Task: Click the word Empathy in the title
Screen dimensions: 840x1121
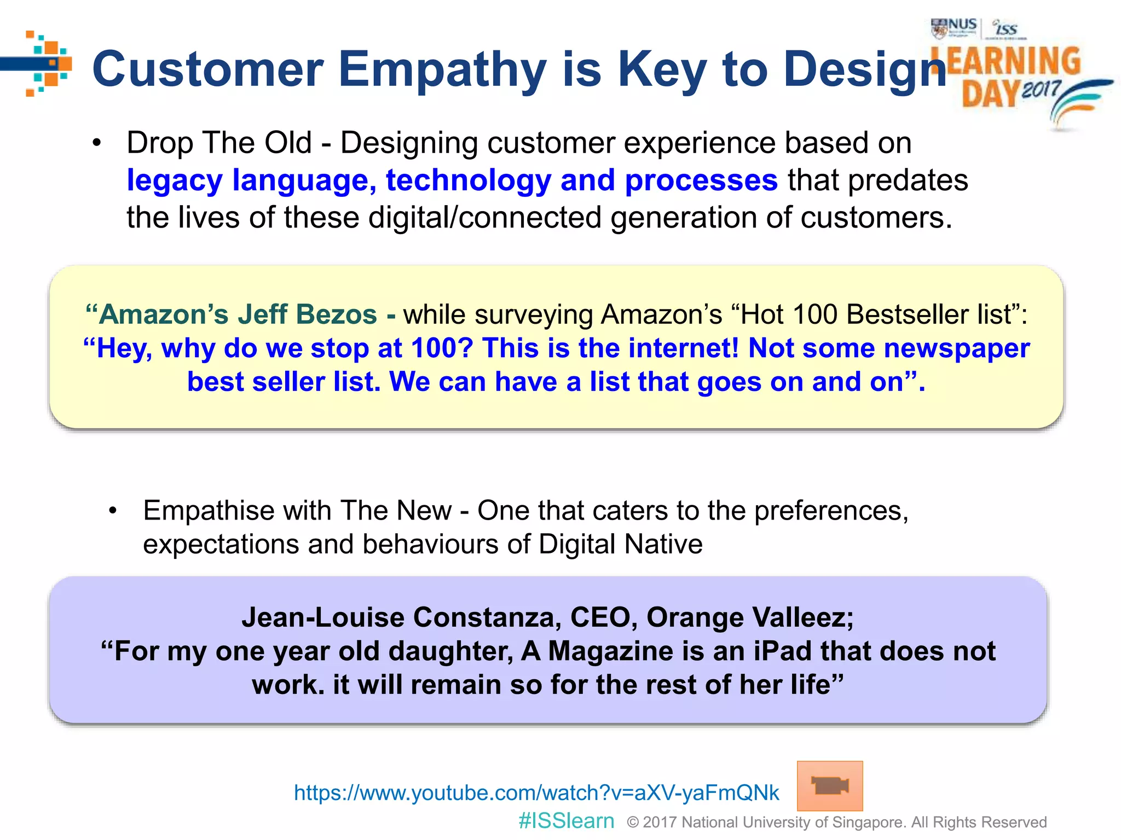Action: [x=442, y=70]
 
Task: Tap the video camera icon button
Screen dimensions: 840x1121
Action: [x=829, y=786]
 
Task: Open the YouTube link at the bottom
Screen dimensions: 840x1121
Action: [x=536, y=792]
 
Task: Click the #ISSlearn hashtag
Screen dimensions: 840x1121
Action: [x=567, y=821]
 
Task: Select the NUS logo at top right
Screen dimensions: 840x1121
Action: [x=954, y=27]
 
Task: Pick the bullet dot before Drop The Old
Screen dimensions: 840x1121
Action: [x=97, y=143]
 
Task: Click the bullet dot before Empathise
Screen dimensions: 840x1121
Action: [x=113, y=511]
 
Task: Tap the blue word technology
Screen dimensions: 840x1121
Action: [x=469, y=180]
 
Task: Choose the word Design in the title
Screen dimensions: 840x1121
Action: [x=865, y=70]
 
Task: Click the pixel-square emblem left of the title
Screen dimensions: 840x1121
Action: [x=48, y=63]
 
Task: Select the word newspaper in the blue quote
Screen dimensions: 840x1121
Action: [x=956, y=348]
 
